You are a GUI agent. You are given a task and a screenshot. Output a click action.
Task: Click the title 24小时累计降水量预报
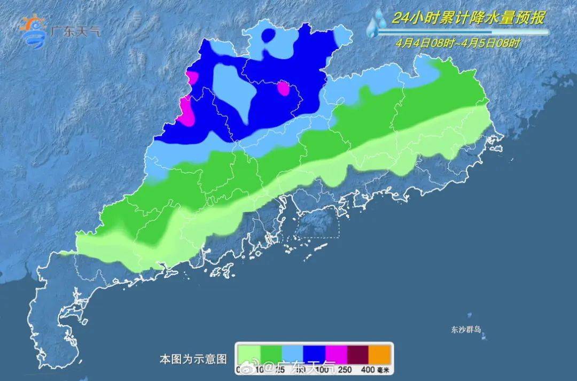click(x=468, y=18)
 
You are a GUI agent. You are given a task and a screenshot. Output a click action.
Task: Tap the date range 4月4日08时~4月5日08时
click(x=458, y=43)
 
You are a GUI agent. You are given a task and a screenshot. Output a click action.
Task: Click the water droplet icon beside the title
click(x=378, y=22)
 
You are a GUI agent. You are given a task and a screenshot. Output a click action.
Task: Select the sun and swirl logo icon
click(x=33, y=32)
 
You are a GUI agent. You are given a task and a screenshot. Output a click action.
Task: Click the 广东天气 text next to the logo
click(x=74, y=30)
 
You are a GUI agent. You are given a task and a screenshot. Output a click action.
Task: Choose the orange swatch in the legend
click(x=381, y=353)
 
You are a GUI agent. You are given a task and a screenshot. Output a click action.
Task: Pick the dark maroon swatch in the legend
click(x=358, y=353)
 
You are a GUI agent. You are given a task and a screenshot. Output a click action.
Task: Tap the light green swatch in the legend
click(x=249, y=353)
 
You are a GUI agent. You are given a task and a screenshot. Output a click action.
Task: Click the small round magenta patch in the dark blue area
click(x=283, y=88)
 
